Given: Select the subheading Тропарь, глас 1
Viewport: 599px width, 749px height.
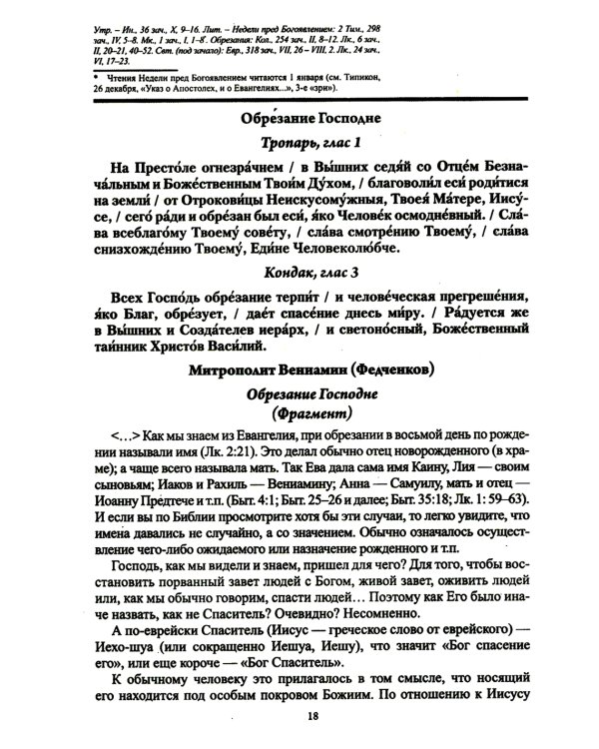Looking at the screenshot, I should [x=315, y=144].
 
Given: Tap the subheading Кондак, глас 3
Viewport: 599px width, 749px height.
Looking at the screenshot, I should [x=315, y=272].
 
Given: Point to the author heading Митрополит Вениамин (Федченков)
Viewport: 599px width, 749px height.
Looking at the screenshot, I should [x=315, y=372].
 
